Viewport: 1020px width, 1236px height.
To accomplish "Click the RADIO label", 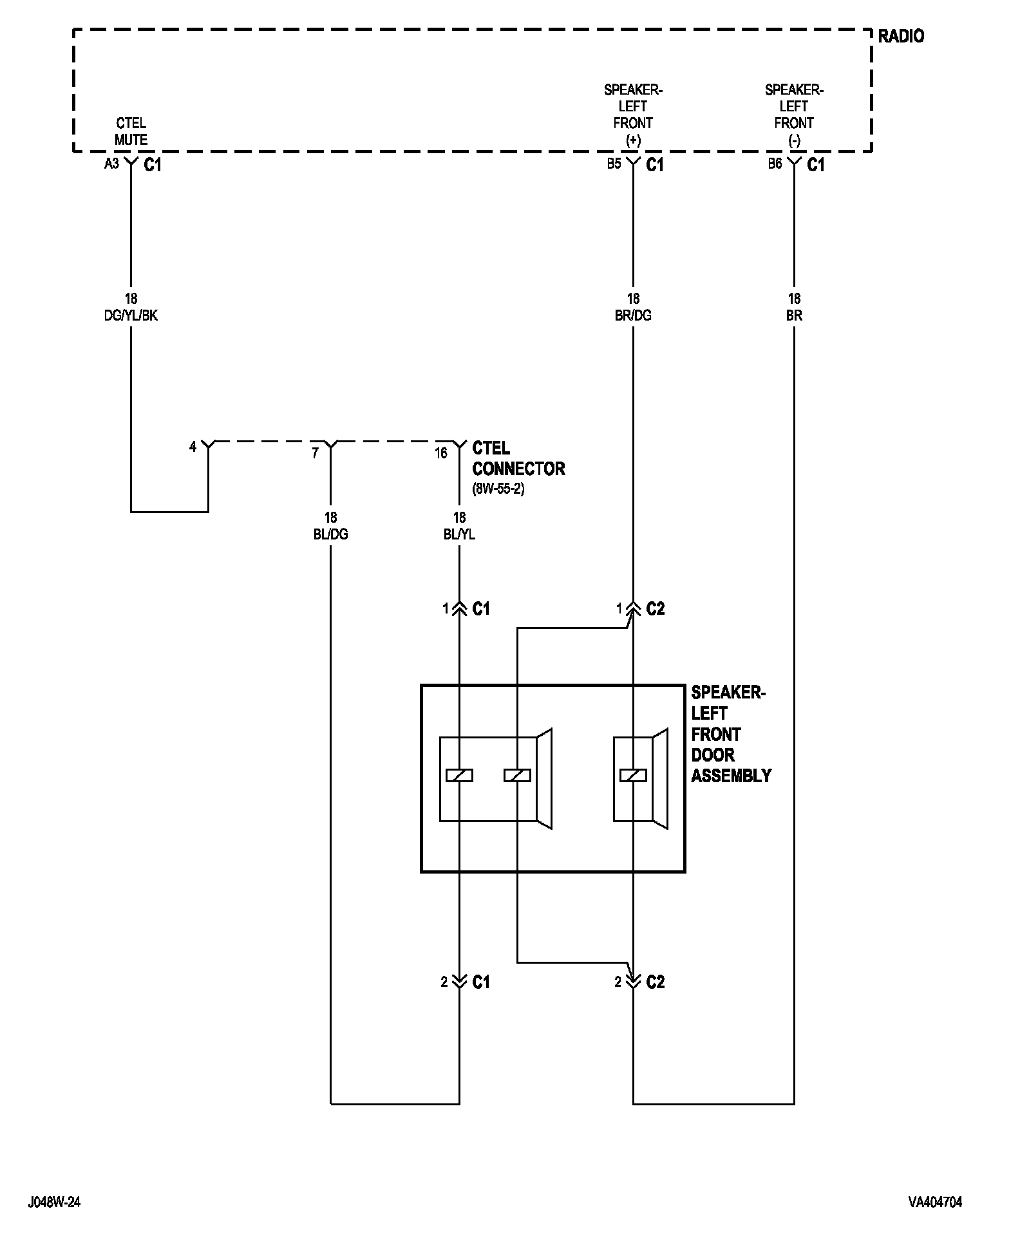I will click(x=900, y=37).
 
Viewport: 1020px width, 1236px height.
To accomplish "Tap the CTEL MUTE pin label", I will click(x=131, y=131).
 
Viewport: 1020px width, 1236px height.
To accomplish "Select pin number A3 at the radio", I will click(x=111, y=164).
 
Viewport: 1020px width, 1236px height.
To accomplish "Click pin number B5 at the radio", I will click(x=614, y=164).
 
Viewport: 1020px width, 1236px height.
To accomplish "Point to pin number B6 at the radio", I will click(x=775, y=164).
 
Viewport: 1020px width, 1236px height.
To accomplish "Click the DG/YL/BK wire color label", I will click(x=131, y=316).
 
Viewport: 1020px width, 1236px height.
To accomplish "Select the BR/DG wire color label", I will click(x=633, y=316).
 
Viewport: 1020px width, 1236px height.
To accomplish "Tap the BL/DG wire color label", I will click(x=330, y=535).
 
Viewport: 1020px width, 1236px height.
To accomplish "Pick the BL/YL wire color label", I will click(x=459, y=535).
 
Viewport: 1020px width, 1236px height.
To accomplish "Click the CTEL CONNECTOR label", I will click(x=518, y=458).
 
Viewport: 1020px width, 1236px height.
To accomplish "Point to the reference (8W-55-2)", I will click(x=498, y=489).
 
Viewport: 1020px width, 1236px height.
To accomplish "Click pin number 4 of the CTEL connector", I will click(x=193, y=447).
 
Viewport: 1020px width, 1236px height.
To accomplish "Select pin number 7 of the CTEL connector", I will click(x=315, y=453).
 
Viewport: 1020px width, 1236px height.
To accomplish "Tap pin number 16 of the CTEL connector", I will click(x=440, y=453).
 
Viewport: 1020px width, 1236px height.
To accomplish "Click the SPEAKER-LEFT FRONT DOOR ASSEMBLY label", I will click(x=730, y=735).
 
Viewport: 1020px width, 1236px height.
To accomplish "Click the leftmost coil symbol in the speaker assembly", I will click(x=459, y=776).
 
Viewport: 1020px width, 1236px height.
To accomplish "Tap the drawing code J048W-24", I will click(x=54, y=1202).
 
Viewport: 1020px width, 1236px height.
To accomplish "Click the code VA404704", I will click(x=935, y=1202).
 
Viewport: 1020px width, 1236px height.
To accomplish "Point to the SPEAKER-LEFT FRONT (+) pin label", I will click(x=633, y=115).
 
